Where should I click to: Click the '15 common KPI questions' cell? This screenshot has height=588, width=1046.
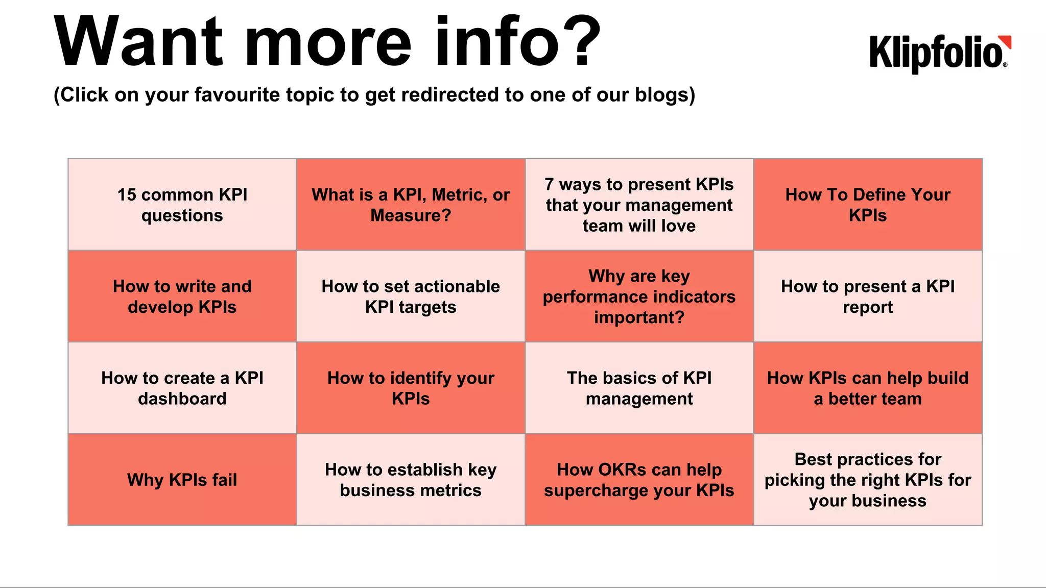[x=182, y=205]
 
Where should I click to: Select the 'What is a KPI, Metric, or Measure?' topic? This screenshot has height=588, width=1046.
[x=411, y=205]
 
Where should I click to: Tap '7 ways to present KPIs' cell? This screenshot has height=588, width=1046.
[x=639, y=205]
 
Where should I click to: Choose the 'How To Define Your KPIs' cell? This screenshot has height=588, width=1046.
[x=868, y=205]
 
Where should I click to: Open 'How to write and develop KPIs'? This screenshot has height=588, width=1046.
[x=182, y=297]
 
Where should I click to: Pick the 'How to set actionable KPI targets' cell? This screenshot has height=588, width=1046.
[x=411, y=297]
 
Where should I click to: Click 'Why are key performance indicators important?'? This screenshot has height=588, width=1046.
[x=639, y=297]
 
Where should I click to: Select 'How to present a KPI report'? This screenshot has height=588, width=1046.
[x=868, y=297]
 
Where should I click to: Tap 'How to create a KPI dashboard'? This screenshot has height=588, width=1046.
[x=182, y=388]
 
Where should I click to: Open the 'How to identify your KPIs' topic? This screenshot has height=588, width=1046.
[x=411, y=388]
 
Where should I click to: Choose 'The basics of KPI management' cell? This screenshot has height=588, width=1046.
[x=639, y=388]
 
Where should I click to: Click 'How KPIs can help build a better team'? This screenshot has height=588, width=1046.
[x=868, y=388]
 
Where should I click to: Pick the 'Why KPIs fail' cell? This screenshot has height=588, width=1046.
[x=182, y=480]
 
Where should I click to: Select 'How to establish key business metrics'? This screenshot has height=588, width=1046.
[x=411, y=480]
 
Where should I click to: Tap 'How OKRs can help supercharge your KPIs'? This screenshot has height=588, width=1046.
[x=639, y=480]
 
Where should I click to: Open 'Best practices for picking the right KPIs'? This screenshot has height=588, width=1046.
[x=868, y=480]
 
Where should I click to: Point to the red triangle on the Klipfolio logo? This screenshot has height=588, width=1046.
[x=1007, y=41]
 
